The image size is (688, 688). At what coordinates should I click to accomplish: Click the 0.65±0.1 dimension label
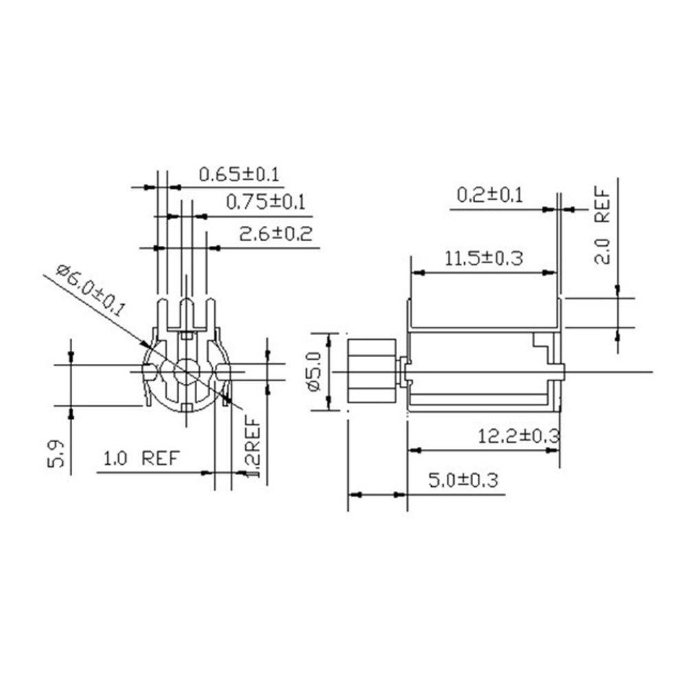click(239, 174)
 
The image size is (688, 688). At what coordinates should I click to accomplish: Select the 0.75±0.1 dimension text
click(266, 203)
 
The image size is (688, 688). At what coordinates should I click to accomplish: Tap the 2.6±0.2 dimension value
click(275, 233)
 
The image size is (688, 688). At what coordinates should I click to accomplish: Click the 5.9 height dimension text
click(56, 454)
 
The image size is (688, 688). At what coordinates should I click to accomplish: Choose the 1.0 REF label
click(141, 459)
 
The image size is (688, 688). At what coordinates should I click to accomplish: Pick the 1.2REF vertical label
click(253, 447)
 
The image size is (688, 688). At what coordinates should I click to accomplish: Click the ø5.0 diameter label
click(315, 371)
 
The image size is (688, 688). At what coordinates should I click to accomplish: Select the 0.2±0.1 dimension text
click(490, 195)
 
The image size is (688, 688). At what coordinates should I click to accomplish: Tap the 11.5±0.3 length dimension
click(484, 258)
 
